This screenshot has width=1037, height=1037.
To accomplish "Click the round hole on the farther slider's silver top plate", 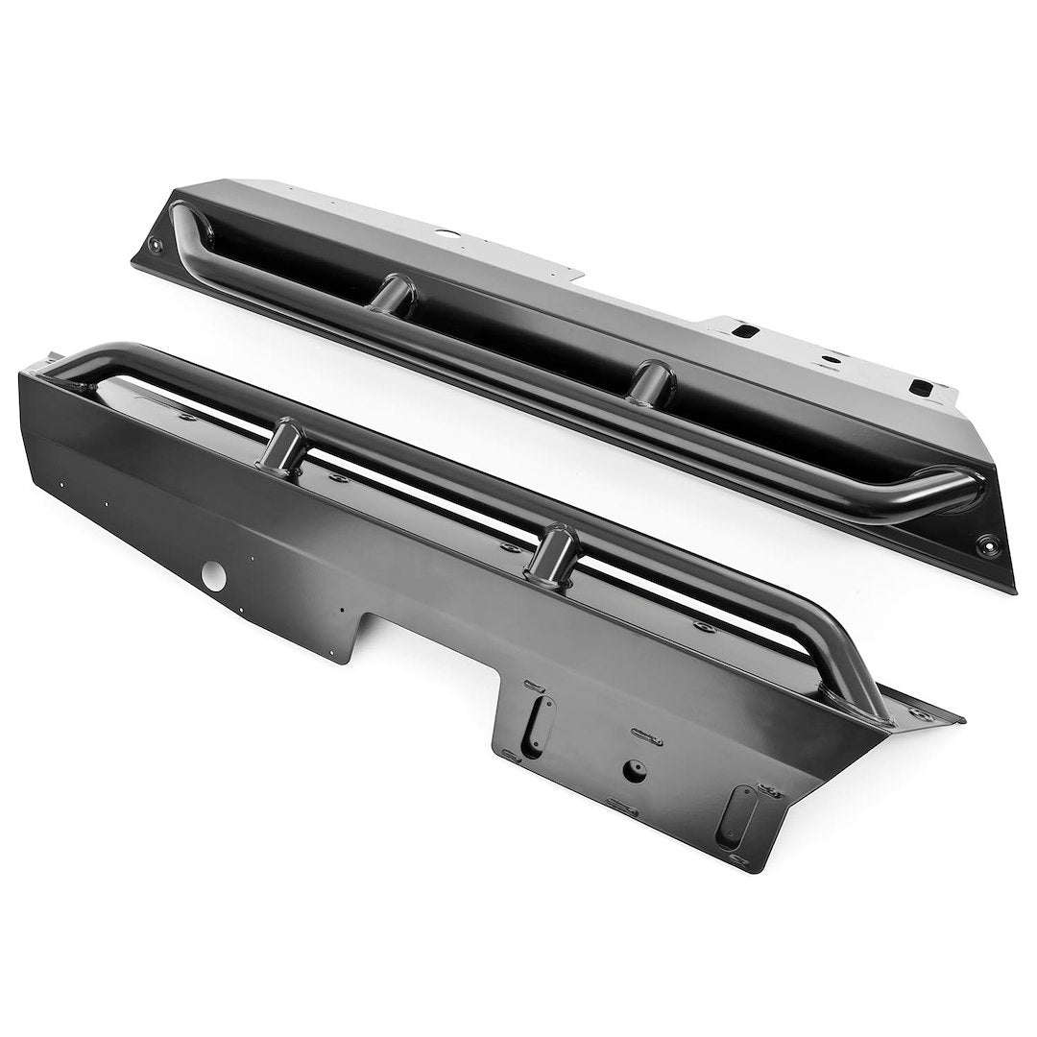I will (446, 232).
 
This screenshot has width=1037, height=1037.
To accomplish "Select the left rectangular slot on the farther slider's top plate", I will (743, 331).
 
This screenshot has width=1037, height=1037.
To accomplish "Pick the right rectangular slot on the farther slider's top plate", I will (921, 388).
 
